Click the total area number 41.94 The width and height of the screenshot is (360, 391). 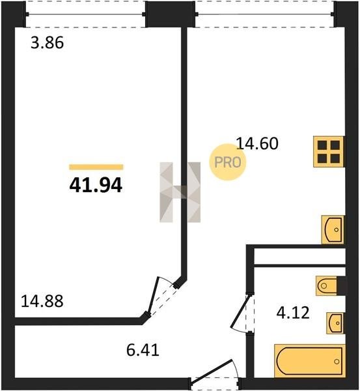pos(96,185)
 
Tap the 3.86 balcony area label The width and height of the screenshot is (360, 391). pos(48,42)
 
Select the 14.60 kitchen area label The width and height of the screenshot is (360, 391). pos(257,143)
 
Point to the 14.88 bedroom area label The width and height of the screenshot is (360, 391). pos(42,300)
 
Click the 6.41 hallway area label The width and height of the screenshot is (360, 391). pos(143,350)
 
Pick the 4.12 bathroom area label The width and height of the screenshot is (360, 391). pos(293,313)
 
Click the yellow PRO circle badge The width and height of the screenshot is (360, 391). pos(227,162)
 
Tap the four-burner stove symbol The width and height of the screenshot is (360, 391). pos(329,151)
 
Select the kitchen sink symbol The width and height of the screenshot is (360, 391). pos(333,229)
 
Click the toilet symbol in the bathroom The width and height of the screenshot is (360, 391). pos(326,285)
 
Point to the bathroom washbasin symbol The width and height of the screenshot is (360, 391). pos(335,323)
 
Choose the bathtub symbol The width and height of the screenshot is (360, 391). pos(310,361)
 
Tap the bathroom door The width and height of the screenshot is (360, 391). pos(240,311)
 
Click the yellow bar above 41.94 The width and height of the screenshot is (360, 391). pos(96,167)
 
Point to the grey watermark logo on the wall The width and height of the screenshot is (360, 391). pos(180,192)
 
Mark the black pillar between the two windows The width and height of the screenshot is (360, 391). pos(170,14)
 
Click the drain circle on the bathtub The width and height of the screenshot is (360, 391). pos(337,361)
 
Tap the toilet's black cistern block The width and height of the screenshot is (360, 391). pos(341,285)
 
